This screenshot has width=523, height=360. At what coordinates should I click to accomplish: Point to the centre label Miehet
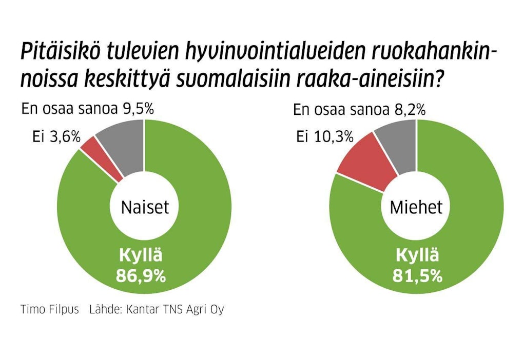(x=416, y=207)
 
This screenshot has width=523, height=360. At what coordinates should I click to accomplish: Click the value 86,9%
(x=141, y=276)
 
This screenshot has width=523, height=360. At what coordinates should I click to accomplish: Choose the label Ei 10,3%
(x=325, y=137)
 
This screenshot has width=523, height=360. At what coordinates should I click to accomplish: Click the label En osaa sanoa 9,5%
(x=88, y=109)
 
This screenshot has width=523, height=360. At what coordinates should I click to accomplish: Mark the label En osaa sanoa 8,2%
(x=359, y=109)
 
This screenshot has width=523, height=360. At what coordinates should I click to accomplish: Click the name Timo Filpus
(x=49, y=310)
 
